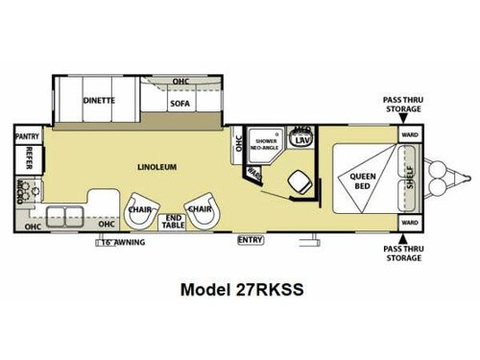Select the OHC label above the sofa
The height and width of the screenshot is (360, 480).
181,82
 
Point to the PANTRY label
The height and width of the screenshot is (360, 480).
27,137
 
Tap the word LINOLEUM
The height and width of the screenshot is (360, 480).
156,166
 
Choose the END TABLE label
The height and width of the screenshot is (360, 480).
174,220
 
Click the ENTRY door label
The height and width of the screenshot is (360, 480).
251,239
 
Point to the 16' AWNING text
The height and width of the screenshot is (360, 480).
122,242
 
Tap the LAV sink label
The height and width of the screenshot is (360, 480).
301,140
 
